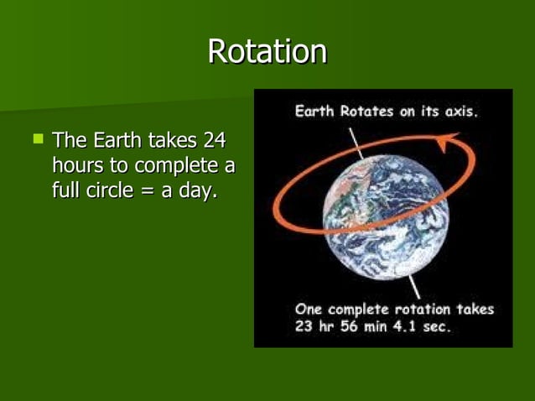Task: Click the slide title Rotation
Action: pyautogui.click(x=267, y=52)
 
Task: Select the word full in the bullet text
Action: pyautogui.click(x=66, y=190)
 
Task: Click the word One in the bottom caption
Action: pyautogui.click(x=309, y=310)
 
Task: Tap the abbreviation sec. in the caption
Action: pyautogui.click(x=436, y=326)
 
